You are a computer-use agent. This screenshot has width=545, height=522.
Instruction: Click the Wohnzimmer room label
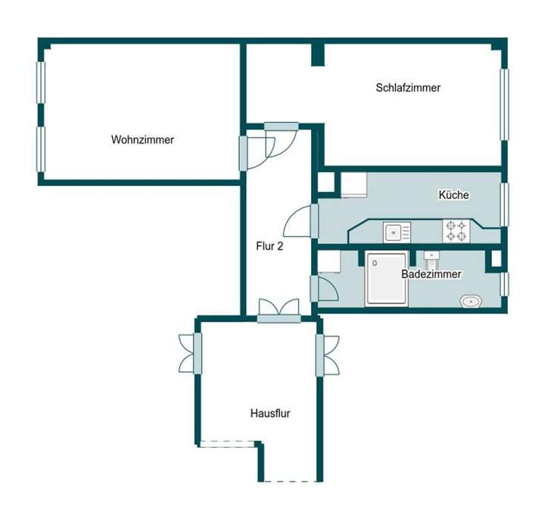click(142, 140)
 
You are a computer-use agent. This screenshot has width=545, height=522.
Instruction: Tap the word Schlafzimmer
click(408, 88)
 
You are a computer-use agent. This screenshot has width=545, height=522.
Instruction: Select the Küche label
click(453, 195)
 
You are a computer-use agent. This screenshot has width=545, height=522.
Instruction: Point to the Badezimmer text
click(431, 275)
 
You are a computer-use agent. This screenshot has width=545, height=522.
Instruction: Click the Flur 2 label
click(269, 246)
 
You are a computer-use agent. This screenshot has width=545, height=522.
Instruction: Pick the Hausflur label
click(270, 414)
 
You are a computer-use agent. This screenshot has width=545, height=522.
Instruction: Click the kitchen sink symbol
click(396, 231)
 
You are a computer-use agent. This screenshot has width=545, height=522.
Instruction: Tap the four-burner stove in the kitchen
click(456, 231)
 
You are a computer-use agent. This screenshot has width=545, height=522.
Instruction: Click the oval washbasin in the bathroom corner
click(472, 302)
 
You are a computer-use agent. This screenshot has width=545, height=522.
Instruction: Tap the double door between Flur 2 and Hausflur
click(279, 310)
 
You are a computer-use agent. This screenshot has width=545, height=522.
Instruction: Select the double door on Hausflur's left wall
click(190, 353)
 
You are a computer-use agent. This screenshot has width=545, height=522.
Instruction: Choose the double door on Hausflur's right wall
click(327, 355)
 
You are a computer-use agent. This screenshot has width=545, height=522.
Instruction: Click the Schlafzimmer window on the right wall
click(504, 104)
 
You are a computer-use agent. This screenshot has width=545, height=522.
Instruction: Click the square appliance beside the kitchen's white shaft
click(353, 185)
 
